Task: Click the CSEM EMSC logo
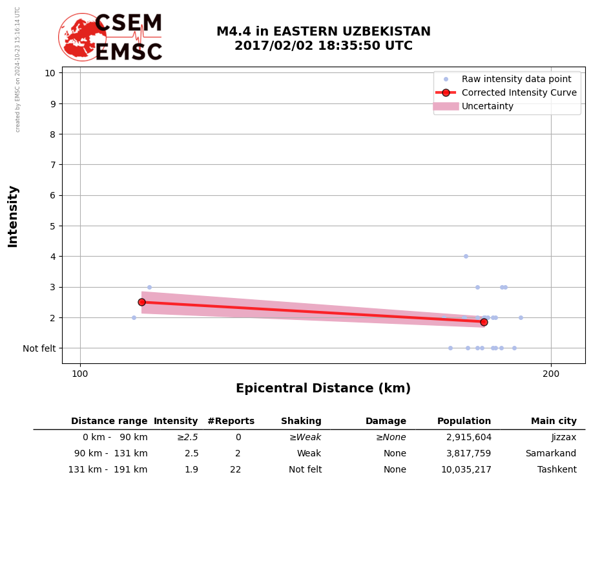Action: (x=110, y=37)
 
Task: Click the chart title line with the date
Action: (x=323, y=46)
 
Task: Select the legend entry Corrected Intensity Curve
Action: (x=519, y=92)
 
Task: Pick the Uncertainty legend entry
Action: (x=487, y=106)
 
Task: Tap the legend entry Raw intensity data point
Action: (x=516, y=79)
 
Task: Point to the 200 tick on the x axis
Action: (x=551, y=374)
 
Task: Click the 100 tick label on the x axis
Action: (x=80, y=374)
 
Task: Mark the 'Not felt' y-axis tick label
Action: (x=39, y=348)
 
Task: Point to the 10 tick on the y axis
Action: (x=50, y=72)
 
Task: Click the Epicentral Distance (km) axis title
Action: (x=323, y=388)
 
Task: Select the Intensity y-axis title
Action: (x=13, y=216)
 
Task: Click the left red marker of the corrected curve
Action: (x=141, y=302)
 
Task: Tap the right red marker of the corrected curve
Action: (x=484, y=322)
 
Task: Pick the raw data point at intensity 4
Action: (x=466, y=256)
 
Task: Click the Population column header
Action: (x=464, y=421)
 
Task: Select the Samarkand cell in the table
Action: (x=550, y=454)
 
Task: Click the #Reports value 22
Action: (x=235, y=470)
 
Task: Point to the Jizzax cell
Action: (x=563, y=438)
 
